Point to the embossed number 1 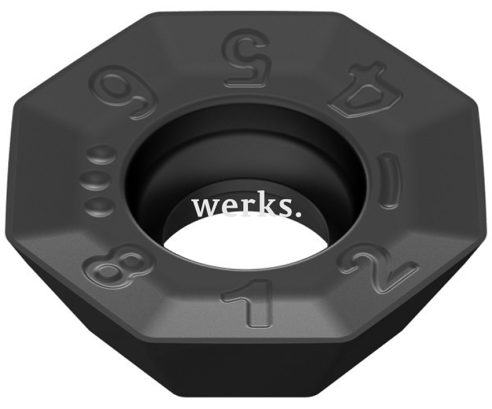(247, 301)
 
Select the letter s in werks (288, 209)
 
